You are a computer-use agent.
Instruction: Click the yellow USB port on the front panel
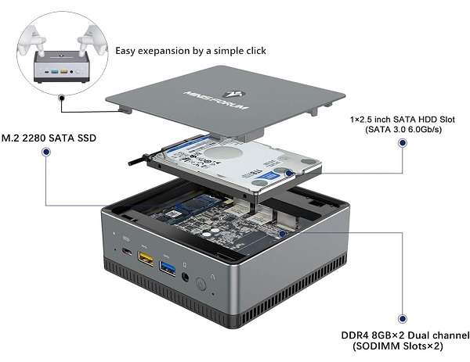pyautogui.click(x=146, y=257)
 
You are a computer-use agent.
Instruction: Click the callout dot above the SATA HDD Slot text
pyautogui.click(x=403, y=144)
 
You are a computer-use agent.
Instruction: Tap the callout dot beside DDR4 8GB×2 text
pyautogui.click(x=403, y=319)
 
